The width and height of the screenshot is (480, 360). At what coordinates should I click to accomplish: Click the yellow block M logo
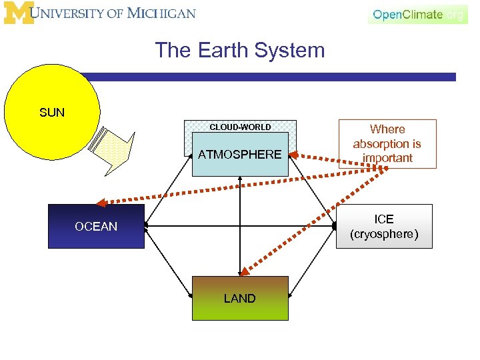click(x=19, y=13)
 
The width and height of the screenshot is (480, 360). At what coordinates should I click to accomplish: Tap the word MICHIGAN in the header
click(x=163, y=13)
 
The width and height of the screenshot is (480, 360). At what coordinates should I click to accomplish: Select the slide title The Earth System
click(x=240, y=50)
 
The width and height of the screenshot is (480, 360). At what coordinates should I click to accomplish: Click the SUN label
click(x=52, y=112)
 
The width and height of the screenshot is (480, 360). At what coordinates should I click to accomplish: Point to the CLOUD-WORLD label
click(x=240, y=127)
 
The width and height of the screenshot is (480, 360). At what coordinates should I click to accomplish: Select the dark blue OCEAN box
click(x=96, y=227)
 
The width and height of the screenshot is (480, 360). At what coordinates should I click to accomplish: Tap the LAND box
click(x=240, y=299)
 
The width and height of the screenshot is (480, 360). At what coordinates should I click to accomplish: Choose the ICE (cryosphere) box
click(x=384, y=227)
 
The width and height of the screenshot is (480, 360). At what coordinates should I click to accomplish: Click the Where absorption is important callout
click(x=387, y=143)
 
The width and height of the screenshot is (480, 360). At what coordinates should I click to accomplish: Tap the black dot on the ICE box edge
click(x=335, y=227)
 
